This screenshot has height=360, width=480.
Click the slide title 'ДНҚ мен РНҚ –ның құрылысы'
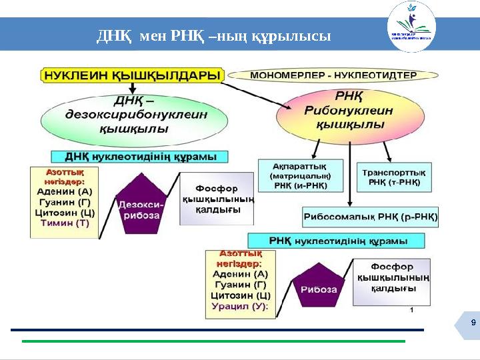213,35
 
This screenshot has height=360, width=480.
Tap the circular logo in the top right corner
411,27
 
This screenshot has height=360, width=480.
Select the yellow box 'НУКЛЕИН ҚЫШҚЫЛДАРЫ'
133,75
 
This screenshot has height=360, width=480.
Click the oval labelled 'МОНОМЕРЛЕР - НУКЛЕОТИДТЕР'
333,75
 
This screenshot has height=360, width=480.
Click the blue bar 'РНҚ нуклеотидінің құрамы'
337,239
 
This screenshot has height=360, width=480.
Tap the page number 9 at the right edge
472,323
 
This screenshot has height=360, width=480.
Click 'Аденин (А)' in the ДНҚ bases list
64,191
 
